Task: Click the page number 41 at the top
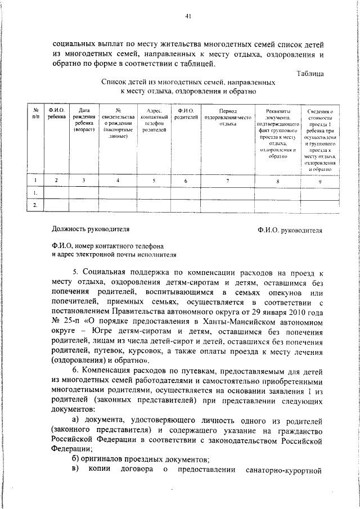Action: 188,16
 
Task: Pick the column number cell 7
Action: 227,181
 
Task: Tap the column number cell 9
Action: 320,181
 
